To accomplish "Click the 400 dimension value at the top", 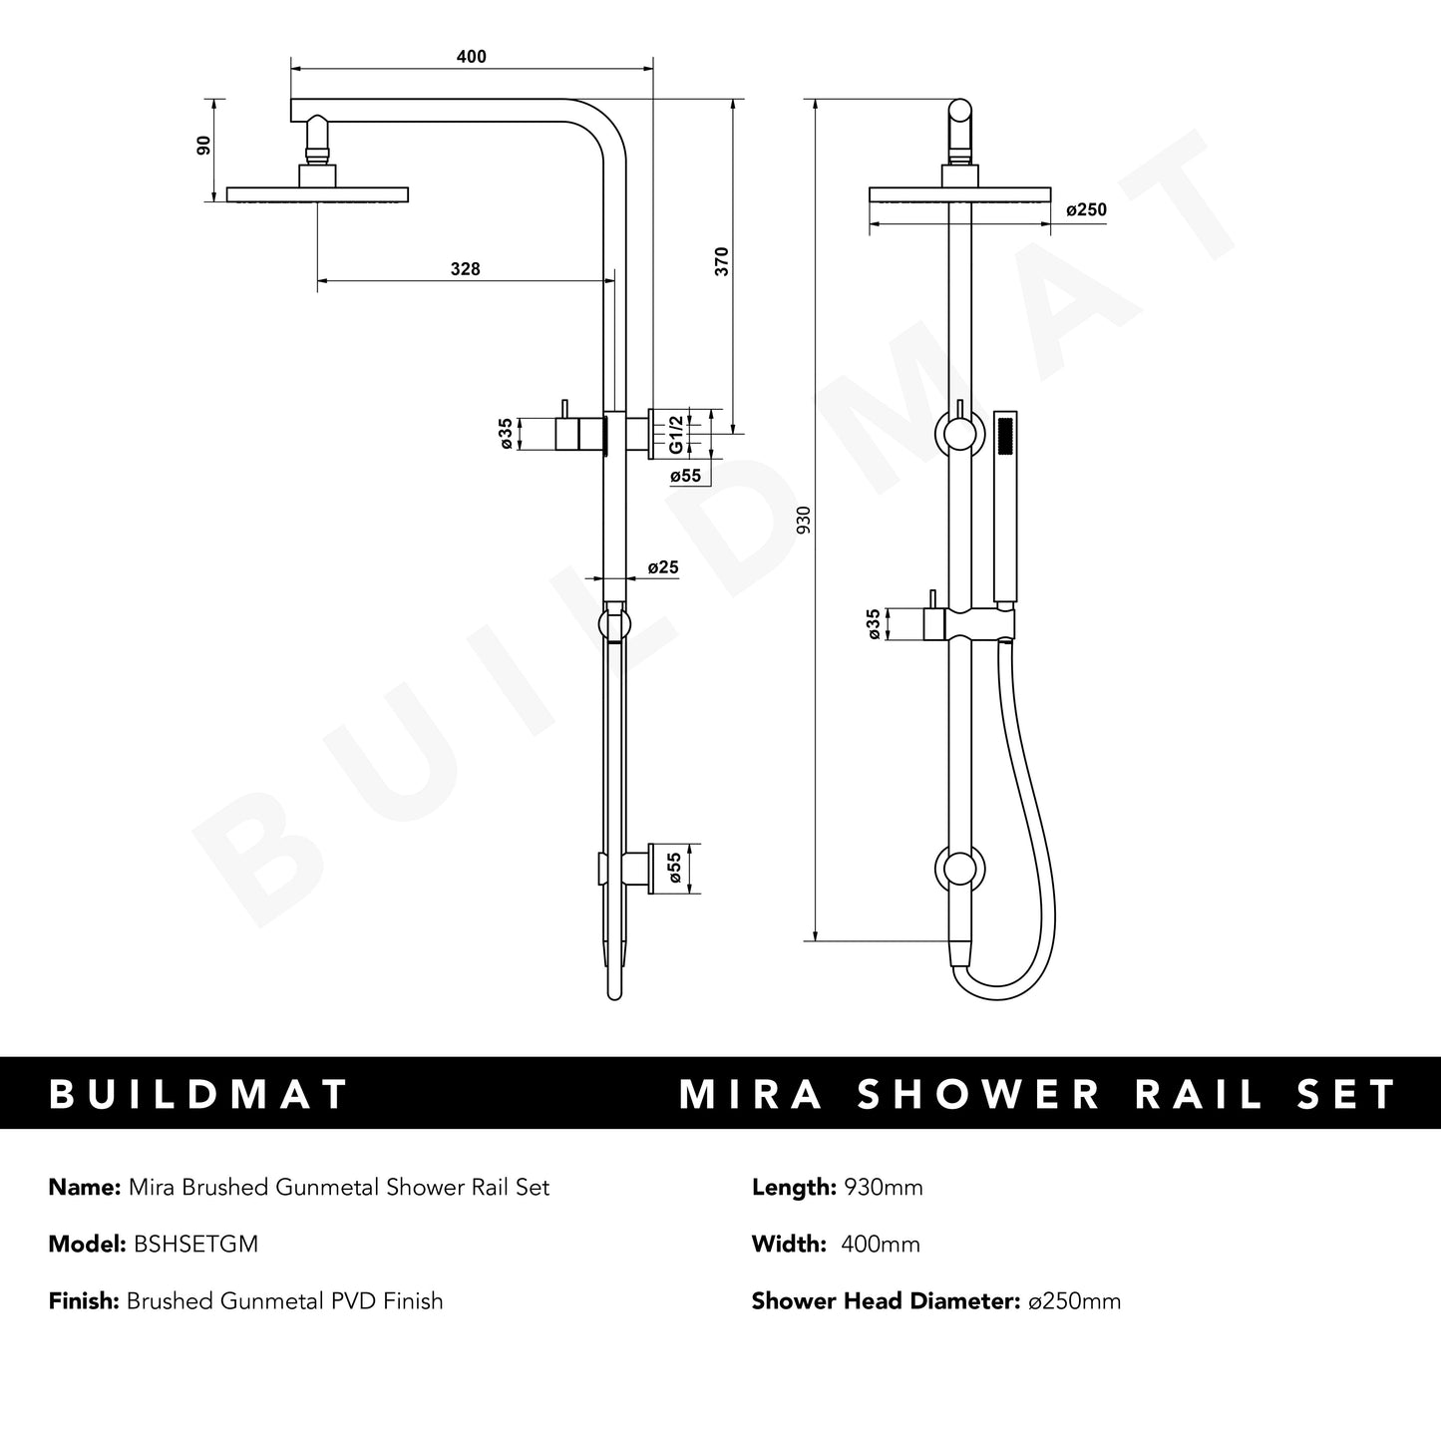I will click(471, 57).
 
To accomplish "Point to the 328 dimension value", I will click(465, 269).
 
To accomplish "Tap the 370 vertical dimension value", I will click(722, 261).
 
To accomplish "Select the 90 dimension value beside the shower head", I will click(204, 146).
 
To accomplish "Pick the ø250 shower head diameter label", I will click(1086, 210).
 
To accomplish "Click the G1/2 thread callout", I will click(675, 434).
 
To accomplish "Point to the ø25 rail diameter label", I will click(663, 567).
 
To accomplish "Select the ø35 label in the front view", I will click(875, 625).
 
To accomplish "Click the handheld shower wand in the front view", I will click(1005, 509).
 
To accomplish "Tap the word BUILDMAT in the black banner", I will click(198, 1094).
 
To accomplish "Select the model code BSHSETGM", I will click(195, 1244).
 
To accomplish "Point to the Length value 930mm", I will click(884, 1187).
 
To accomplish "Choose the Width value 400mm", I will click(881, 1244).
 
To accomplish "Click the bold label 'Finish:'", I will click(84, 1300).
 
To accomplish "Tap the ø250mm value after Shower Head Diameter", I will click(1074, 1300).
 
